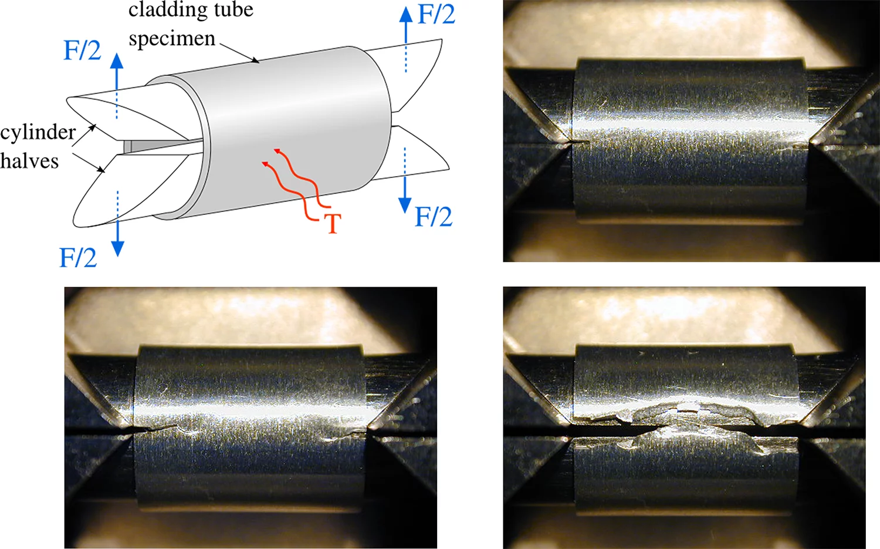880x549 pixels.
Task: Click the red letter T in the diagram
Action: (x=333, y=224)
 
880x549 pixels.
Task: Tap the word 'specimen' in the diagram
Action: (x=171, y=39)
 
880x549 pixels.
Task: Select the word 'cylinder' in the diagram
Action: (x=38, y=133)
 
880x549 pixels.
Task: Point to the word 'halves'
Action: (x=29, y=161)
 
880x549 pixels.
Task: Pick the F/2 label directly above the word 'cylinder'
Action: (x=82, y=50)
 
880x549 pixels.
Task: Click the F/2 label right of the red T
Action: (x=434, y=217)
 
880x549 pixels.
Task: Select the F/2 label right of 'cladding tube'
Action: (x=436, y=15)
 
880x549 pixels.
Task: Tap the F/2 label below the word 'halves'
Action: (x=78, y=258)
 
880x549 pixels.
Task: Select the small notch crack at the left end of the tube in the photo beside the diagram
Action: (x=578, y=142)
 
